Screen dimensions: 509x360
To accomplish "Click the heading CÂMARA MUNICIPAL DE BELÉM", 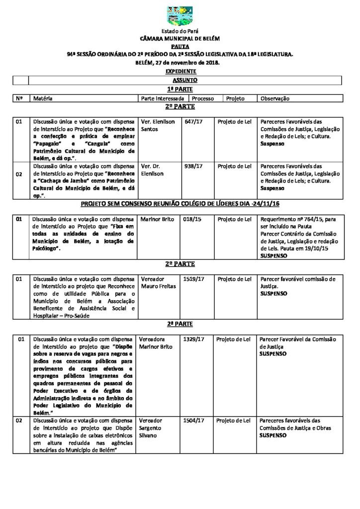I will click(x=180, y=38).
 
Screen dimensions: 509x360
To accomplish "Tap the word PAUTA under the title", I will click(x=180, y=46).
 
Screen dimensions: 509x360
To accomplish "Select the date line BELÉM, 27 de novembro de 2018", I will click(x=180, y=63).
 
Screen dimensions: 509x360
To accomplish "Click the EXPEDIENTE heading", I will click(x=180, y=71).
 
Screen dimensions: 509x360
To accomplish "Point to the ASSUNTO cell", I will click(x=185, y=80).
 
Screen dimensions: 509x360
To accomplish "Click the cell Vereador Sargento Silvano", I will click(x=154, y=427).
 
